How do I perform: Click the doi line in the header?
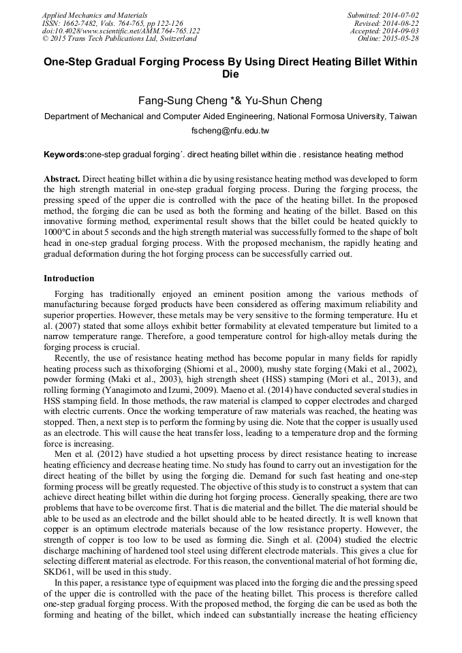click(x=121, y=31)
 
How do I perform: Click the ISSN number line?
click(x=112, y=22)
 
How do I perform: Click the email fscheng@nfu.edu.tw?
click(x=230, y=130)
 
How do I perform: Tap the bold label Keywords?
click(x=65, y=155)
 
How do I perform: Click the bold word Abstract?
click(x=62, y=178)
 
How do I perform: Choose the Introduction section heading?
click(x=69, y=278)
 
